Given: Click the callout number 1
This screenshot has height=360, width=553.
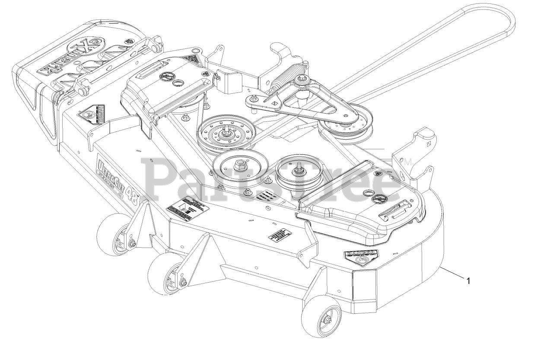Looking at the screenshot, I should (x=467, y=280).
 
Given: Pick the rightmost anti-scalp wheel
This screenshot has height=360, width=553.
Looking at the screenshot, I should (x=322, y=318).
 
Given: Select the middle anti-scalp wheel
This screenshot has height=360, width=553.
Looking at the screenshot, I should (x=166, y=275).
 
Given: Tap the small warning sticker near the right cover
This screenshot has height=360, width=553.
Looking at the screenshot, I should (x=280, y=235).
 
